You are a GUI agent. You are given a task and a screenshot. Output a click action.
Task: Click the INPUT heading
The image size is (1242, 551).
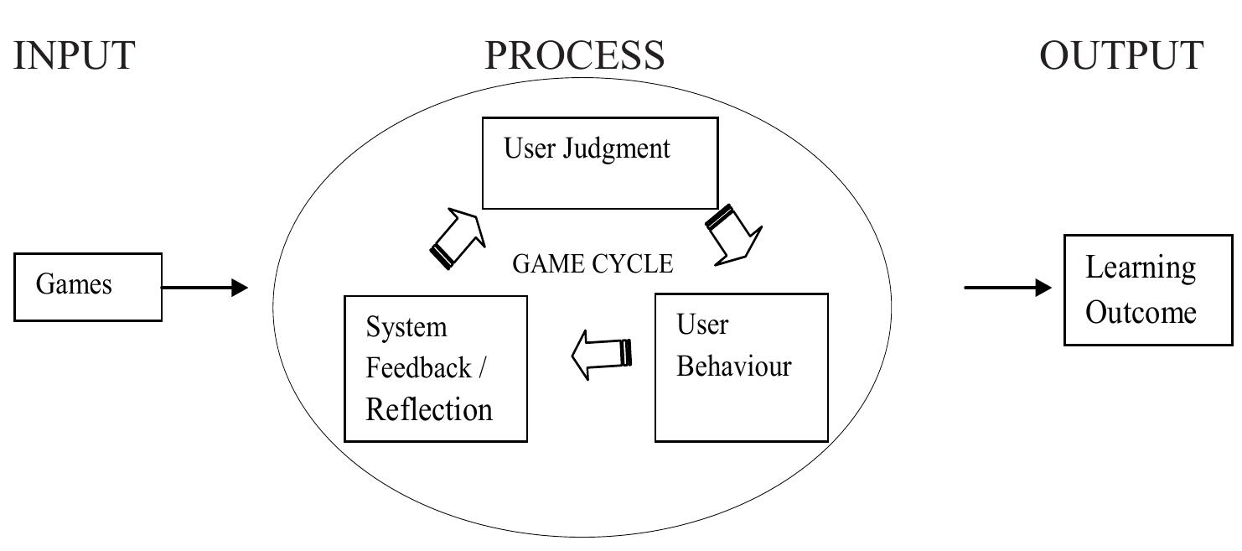(x=74, y=55)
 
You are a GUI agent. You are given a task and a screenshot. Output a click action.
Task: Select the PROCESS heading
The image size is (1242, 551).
(x=575, y=55)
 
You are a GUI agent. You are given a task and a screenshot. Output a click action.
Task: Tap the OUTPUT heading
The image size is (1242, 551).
(x=1121, y=55)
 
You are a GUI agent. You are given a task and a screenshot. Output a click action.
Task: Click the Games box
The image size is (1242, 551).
(x=88, y=287)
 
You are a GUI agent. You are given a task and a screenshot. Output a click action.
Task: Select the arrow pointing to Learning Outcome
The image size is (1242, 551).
(x=1007, y=288)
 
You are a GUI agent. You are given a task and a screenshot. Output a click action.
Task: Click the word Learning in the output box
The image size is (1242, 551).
(x=1140, y=268)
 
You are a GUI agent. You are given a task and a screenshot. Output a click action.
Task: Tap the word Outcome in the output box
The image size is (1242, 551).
(x=1141, y=313)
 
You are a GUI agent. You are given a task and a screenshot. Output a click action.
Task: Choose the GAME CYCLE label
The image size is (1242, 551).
(x=593, y=264)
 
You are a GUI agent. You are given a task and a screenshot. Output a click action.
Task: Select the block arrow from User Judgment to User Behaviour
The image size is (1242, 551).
(x=734, y=236)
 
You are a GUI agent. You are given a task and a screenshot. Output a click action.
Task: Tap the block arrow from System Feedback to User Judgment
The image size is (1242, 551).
(x=458, y=238)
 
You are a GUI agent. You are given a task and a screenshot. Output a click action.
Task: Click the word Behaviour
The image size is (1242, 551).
(x=733, y=366)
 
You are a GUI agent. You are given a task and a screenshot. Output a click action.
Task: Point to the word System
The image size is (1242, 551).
(x=406, y=327)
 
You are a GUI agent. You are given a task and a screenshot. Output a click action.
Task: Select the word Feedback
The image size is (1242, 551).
(x=417, y=368)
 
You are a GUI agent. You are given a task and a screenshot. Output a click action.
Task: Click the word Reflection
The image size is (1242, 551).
(x=429, y=409)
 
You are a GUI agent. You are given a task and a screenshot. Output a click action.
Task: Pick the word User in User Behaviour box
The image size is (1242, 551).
(x=702, y=325)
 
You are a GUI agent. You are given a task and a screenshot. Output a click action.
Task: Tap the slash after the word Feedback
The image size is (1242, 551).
(x=480, y=368)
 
